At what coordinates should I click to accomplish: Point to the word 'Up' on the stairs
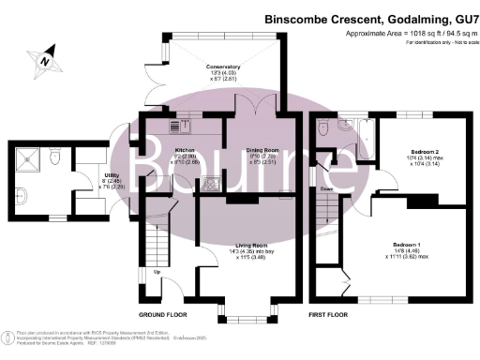click(x=157, y=273)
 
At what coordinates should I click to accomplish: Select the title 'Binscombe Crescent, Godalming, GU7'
click(x=369, y=17)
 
